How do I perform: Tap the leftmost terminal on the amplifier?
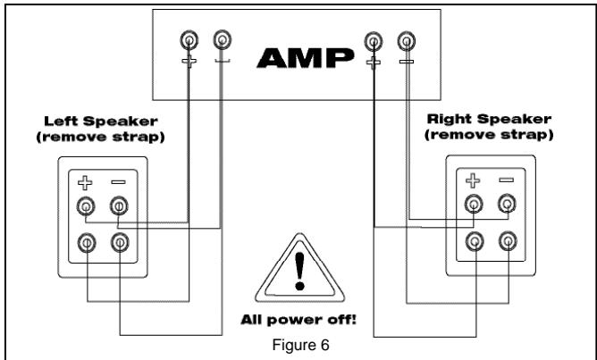189,40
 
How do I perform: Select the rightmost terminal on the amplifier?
408,40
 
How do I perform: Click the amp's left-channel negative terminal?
222,40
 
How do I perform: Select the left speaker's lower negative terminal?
118,239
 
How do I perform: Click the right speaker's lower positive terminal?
475,239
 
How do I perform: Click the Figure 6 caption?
298,340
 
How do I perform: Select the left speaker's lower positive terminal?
86,239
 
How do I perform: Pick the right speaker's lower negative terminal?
508,239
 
